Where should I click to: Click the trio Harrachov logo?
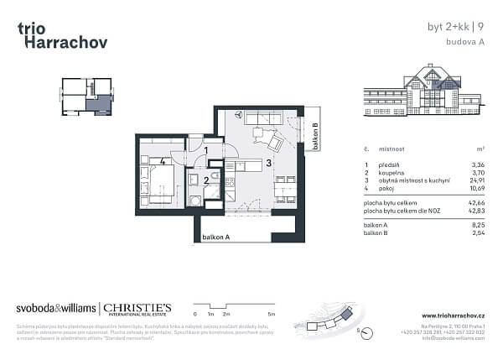coord(61,34)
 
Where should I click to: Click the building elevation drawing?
coord(424,88)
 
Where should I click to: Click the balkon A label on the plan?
coord(216,238)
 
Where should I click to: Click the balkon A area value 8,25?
coord(478,226)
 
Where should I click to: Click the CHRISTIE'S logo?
coord(138,309)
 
